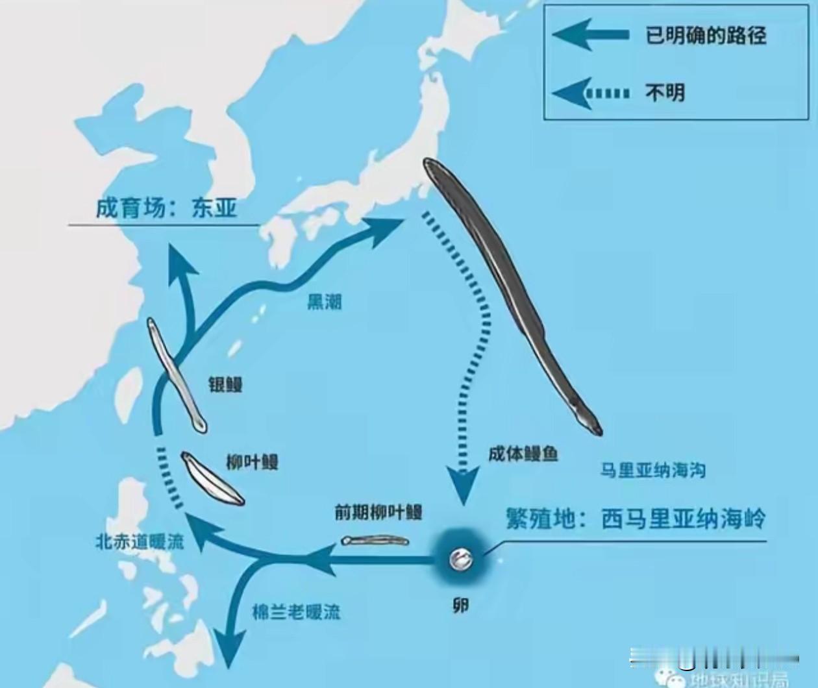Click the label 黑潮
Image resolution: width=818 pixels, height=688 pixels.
tap(324, 302)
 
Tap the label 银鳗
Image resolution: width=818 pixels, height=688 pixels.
tap(225, 384)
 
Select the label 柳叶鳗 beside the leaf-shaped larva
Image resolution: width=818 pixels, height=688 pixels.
tap(252, 461)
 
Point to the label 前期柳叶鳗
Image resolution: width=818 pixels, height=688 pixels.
tap(378, 511)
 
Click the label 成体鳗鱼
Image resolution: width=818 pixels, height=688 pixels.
tap(523, 453)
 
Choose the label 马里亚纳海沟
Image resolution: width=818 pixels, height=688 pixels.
tap(652, 470)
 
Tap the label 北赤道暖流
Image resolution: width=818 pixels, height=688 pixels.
tap(140, 541)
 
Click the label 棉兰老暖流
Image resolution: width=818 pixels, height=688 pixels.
tap(296, 611)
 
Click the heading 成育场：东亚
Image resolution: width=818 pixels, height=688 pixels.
tap(166, 208)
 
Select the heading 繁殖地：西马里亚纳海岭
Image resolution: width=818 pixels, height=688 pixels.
tap(636, 519)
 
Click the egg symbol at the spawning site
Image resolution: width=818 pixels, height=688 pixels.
tap(462, 558)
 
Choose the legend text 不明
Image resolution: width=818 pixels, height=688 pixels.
tap(665, 92)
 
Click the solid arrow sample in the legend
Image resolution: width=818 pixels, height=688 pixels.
tap(589, 35)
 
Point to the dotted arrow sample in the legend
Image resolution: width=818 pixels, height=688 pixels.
tap(589, 93)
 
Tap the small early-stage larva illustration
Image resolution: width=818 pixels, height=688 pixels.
tap(375, 540)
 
